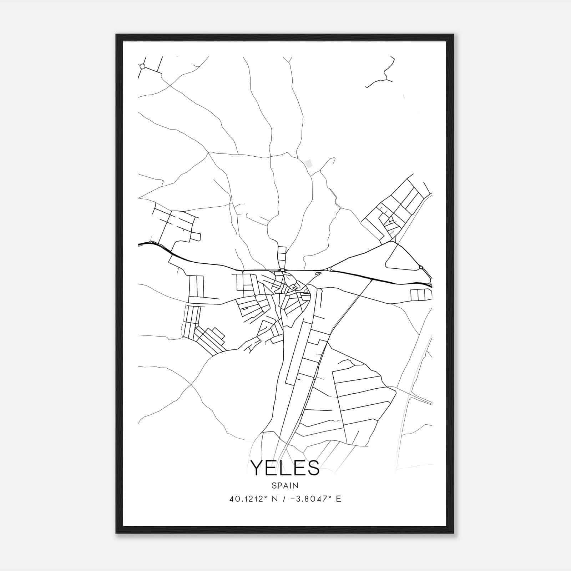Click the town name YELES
(x=285, y=468)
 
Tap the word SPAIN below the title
(x=285, y=485)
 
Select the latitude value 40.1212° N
(x=253, y=499)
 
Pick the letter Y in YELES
(x=257, y=468)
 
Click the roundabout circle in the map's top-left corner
(x=142, y=66)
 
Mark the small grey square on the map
(x=309, y=163)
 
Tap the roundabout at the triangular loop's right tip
(x=421, y=267)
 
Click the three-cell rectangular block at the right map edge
(x=421, y=295)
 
